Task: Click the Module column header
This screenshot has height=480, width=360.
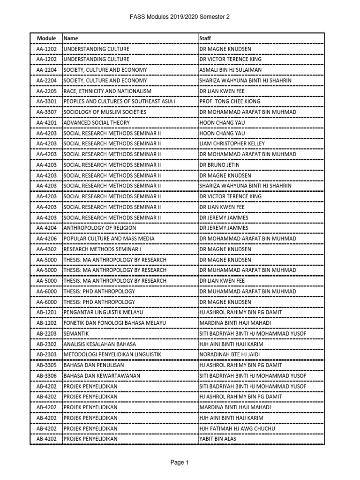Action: [x=46, y=38]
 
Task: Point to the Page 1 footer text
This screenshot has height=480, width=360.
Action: [x=180, y=463]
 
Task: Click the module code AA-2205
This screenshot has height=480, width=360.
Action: [x=46, y=91]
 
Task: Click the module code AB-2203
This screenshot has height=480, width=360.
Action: [x=46, y=333]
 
